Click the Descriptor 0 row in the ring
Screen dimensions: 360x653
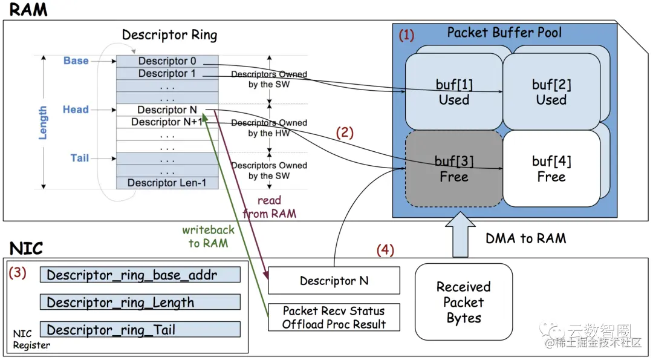click(x=167, y=61)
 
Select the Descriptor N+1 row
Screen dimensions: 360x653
click(x=167, y=122)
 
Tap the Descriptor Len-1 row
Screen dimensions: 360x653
click(x=167, y=183)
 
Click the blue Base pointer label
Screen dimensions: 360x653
click(x=76, y=61)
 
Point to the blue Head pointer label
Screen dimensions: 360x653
click(x=76, y=110)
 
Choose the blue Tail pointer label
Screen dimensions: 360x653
click(x=80, y=158)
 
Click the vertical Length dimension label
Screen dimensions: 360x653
click(x=43, y=123)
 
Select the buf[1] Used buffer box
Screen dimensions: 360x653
click(x=453, y=91)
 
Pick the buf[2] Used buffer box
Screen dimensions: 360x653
click(x=551, y=91)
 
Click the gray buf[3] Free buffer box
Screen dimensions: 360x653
click(x=453, y=169)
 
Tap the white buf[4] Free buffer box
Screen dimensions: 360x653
click(x=551, y=169)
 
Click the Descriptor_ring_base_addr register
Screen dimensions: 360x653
click(x=140, y=275)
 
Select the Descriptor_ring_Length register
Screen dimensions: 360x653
click(x=140, y=303)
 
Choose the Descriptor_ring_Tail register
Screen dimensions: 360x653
click(x=140, y=330)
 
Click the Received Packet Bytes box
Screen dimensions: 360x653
click(x=464, y=302)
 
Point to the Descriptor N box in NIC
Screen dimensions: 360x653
click(x=334, y=281)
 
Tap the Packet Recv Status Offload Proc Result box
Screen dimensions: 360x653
click(x=334, y=318)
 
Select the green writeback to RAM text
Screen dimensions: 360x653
click(x=208, y=237)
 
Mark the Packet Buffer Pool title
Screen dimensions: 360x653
click(x=504, y=33)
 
